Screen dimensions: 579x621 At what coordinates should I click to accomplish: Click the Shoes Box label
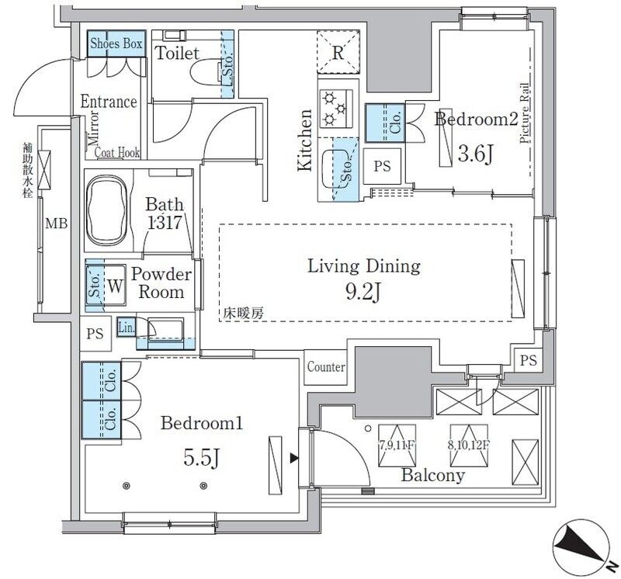pyautogui.click(x=116, y=44)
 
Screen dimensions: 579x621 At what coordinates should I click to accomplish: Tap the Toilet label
pyautogui.click(x=178, y=54)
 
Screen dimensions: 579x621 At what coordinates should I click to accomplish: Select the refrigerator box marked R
pyautogui.click(x=338, y=54)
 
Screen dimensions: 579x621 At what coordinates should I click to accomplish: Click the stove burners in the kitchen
pyautogui.click(x=337, y=107)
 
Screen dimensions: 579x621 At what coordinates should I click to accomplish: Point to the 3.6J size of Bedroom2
pyautogui.click(x=475, y=153)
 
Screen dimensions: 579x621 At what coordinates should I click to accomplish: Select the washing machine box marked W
pyautogui.click(x=114, y=285)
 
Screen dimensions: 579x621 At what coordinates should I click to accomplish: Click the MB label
pyautogui.click(x=55, y=225)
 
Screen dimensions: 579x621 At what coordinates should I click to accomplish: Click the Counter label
pyautogui.click(x=326, y=367)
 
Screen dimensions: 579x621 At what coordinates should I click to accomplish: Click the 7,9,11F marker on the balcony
pyautogui.click(x=394, y=446)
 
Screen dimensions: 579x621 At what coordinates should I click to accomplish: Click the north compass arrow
pyautogui.click(x=583, y=543)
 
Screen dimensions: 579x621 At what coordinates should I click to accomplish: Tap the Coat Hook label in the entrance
pyautogui.click(x=117, y=153)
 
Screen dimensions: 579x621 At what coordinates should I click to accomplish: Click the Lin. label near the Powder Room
pyautogui.click(x=126, y=328)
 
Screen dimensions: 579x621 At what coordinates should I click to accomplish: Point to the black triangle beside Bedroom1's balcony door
pyautogui.click(x=294, y=459)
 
